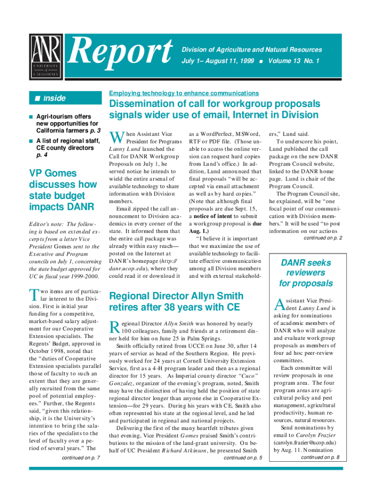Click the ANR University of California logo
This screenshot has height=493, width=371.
(x=46, y=56)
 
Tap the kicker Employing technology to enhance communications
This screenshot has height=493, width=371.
(x=184, y=93)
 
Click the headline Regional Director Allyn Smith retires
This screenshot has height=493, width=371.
(x=176, y=301)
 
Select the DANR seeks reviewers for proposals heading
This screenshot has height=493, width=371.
(x=306, y=273)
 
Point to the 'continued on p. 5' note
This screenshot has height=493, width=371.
(x=243, y=457)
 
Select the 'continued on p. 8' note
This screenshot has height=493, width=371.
(x=320, y=457)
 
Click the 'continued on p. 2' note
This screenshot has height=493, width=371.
(x=323, y=238)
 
